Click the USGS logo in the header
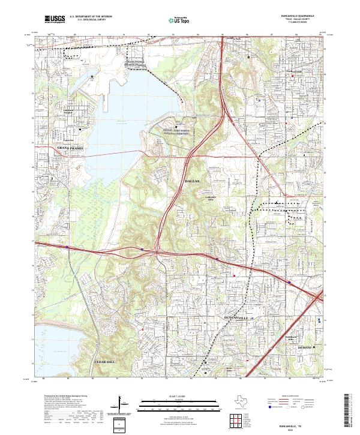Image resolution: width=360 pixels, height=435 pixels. point(55,20)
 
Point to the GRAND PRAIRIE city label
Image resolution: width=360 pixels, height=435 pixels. point(67,146)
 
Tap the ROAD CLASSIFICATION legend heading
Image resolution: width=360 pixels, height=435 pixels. point(290,397)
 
